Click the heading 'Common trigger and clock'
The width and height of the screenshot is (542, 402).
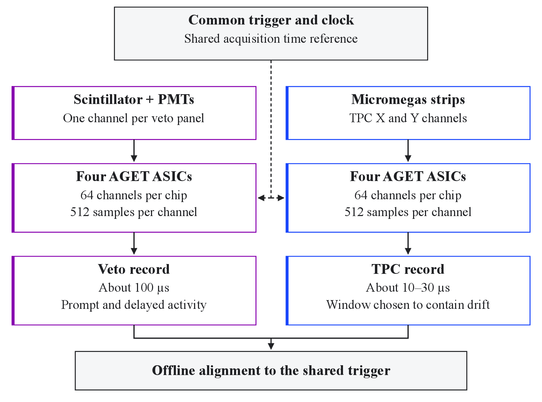271,20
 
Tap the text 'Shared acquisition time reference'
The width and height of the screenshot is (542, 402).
271,39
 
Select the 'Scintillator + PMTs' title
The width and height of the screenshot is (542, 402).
134,99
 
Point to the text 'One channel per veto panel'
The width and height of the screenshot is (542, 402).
134,118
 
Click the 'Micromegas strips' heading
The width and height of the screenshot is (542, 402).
408,100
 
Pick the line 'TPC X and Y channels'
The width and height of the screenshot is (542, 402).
408,118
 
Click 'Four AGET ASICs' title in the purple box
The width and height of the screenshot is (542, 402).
134,176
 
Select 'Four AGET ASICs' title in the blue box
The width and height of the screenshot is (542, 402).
408,176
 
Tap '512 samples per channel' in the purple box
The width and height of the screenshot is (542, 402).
134,212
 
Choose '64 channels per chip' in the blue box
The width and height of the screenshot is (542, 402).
408,195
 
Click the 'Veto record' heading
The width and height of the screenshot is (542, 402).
134,269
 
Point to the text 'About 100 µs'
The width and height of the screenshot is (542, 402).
134,288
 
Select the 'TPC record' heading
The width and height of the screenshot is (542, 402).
408,269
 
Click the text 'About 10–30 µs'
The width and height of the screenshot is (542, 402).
408,288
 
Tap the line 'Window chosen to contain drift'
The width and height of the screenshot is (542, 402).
408,305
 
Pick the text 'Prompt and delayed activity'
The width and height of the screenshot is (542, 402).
134,305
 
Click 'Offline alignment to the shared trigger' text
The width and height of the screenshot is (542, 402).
271,370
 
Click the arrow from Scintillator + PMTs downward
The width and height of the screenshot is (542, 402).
134,151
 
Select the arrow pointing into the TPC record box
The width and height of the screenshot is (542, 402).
408,243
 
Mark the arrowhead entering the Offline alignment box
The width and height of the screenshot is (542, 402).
271,346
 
